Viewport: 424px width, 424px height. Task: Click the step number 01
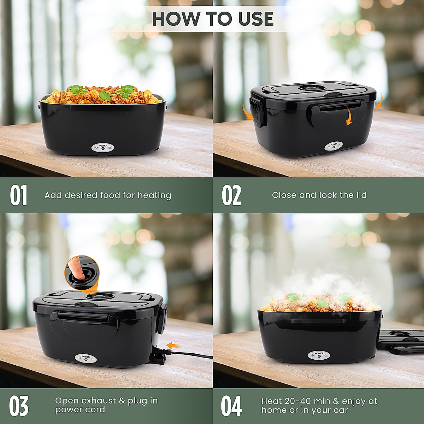coord(18,195)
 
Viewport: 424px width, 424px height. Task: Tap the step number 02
coord(231,195)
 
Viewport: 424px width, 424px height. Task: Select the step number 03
coord(19,406)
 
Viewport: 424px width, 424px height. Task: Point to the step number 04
coord(231,406)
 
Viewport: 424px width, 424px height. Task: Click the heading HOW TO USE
coord(213,19)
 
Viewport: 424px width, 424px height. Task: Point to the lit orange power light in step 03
coord(86,361)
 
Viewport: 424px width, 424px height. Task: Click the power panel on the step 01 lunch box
coord(103,148)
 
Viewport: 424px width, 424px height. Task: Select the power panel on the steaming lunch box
coord(319,355)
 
